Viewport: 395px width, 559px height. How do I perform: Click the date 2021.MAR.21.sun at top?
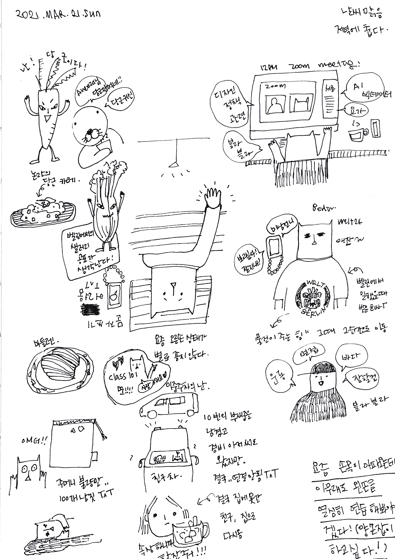click(x=58, y=14)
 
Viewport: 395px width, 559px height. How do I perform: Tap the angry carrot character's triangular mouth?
click(x=47, y=118)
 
